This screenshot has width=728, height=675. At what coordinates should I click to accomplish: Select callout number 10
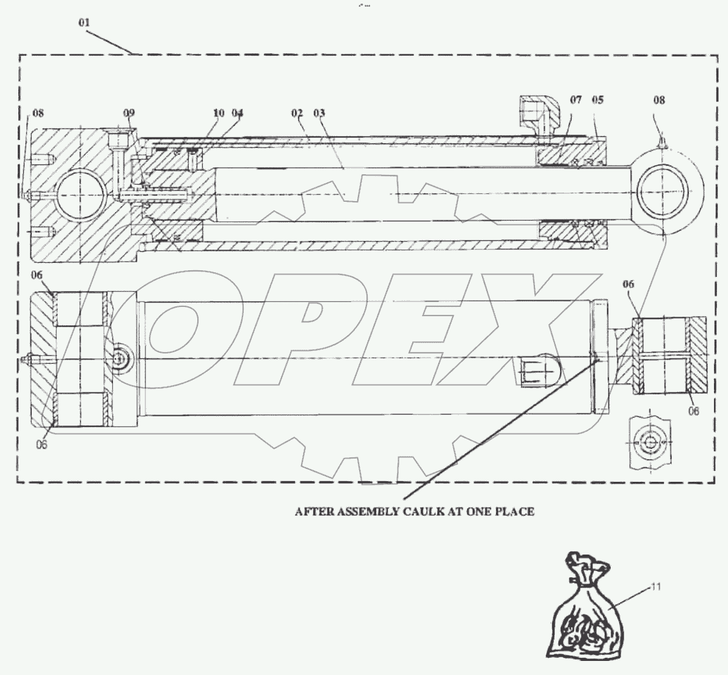219,113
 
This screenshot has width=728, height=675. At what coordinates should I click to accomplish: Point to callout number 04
238,113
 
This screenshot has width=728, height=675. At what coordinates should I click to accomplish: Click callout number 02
297,113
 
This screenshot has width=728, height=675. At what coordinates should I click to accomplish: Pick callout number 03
319,113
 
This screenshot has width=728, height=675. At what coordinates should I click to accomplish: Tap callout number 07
575,100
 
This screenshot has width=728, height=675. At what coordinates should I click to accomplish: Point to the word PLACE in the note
517,511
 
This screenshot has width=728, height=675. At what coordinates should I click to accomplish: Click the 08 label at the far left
37,113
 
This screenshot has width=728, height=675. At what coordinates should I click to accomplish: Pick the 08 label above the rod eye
658,100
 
